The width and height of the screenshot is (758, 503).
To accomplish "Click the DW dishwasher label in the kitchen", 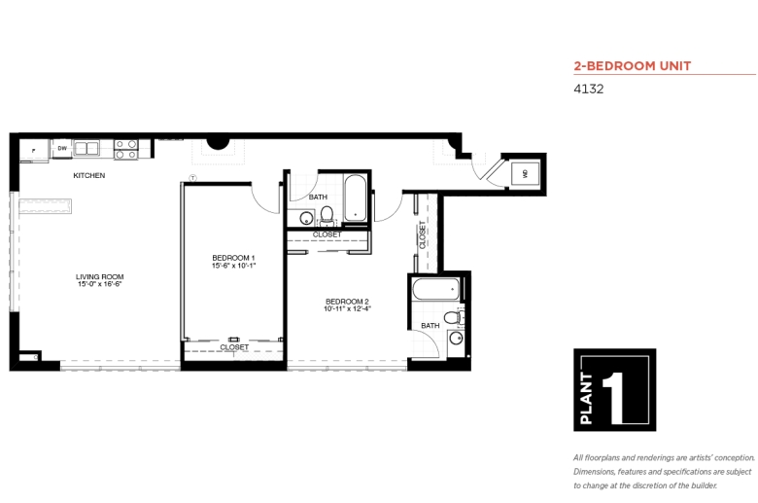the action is (x=62, y=149).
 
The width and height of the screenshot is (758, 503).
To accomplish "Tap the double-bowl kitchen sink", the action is (x=86, y=148).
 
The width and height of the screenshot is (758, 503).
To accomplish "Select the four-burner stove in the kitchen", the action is (x=126, y=149).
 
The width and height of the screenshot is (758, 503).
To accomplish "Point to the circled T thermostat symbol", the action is (x=192, y=178).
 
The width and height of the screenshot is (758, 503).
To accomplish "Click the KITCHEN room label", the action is (x=89, y=175).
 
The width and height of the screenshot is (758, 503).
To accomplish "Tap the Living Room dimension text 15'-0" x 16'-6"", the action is (x=99, y=284).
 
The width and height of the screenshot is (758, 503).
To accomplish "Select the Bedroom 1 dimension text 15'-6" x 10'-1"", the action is (x=233, y=266).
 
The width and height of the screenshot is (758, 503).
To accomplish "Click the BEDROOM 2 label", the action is (x=347, y=302).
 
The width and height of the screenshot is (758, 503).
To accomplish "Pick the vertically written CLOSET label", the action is (x=422, y=234).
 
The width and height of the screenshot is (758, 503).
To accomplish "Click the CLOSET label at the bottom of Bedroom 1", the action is (x=234, y=347).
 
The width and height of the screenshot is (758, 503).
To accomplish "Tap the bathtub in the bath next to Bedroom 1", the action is (x=356, y=198).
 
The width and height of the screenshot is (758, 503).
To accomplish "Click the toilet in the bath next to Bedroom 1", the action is (x=327, y=215).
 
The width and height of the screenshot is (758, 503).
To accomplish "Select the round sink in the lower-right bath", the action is (x=456, y=338).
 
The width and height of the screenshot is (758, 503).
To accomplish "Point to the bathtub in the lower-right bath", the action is (x=436, y=290).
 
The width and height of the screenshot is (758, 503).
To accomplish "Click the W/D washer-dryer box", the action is (x=525, y=173).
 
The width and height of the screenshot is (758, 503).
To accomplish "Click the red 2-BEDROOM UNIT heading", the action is (x=633, y=66).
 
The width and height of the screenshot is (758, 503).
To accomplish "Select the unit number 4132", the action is (x=588, y=90).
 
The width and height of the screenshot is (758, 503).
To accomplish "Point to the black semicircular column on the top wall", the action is (x=218, y=143).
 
